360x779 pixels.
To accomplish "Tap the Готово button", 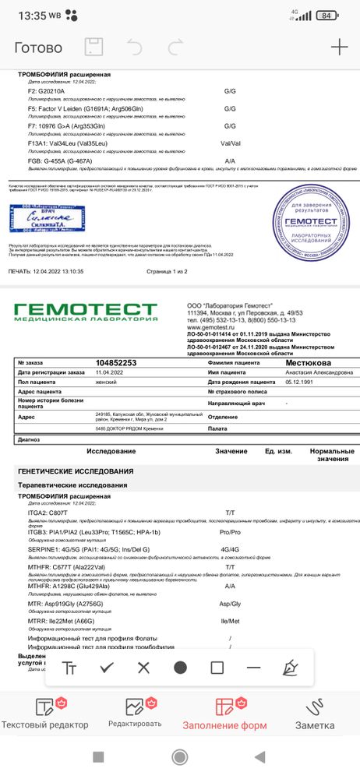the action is [x=38, y=48].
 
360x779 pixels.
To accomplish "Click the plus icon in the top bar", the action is [x=339, y=47].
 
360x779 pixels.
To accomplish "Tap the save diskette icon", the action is [x=93, y=47].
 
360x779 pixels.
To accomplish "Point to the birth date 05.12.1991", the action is [x=301, y=382].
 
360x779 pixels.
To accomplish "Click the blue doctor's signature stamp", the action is [x=46, y=218].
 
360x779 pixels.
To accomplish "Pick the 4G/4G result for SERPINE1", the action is [x=230, y=549].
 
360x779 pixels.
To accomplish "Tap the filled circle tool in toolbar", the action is [x=180, y=668].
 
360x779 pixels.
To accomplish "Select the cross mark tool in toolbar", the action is [x=143, y=668].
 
